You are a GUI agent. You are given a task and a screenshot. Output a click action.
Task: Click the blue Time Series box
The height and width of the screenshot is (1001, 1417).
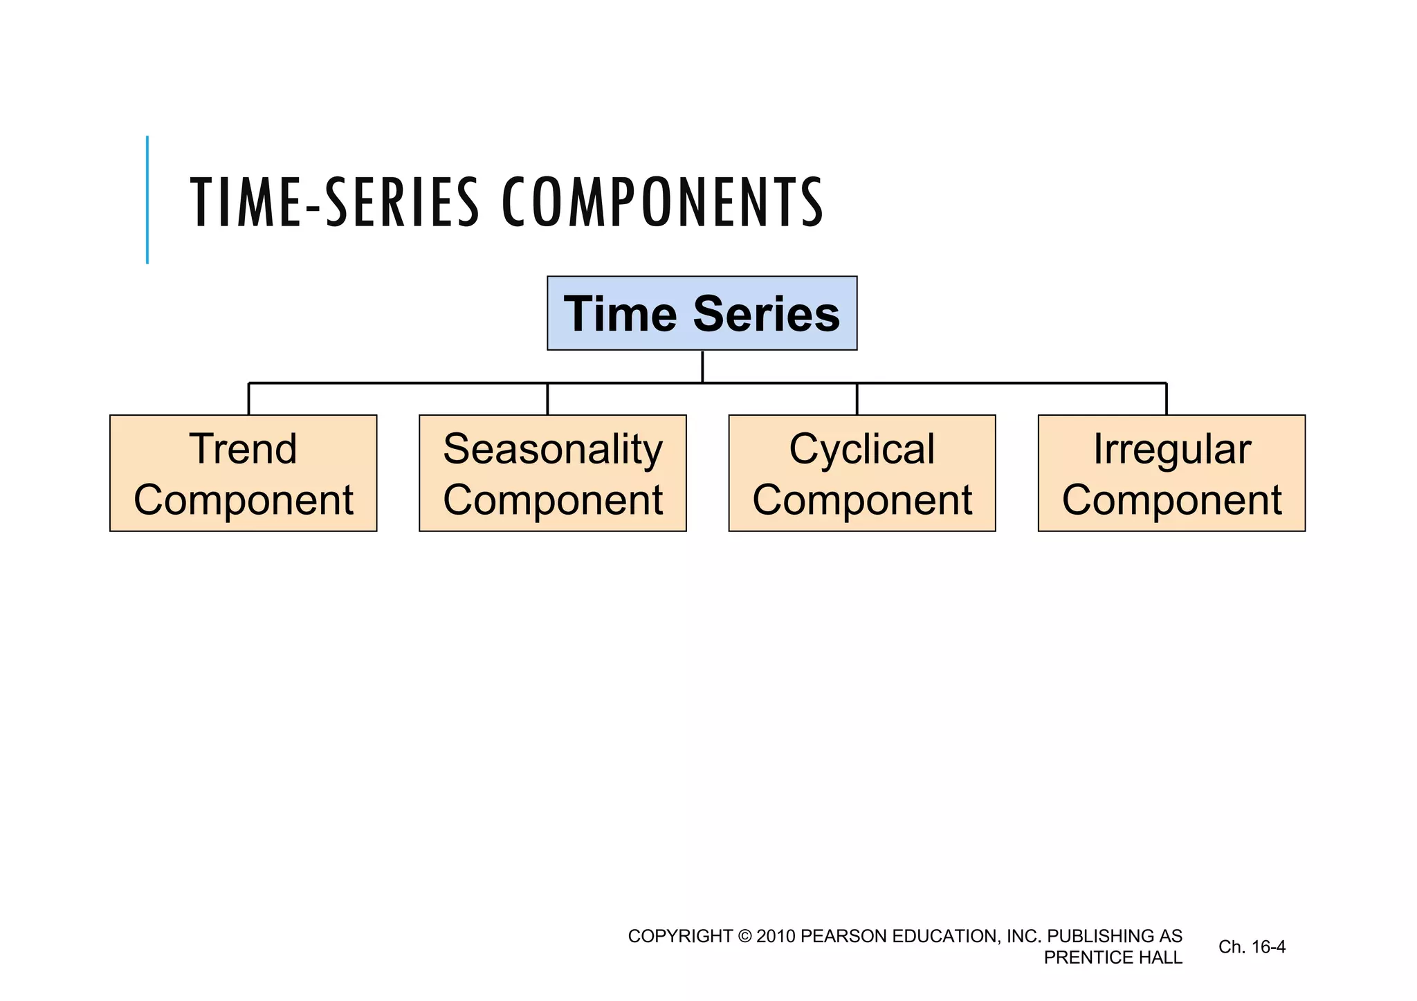point(702,313)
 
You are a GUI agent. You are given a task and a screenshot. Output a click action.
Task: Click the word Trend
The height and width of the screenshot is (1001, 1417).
point(243,449)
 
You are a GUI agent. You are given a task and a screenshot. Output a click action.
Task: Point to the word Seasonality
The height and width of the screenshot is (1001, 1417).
point(553,450)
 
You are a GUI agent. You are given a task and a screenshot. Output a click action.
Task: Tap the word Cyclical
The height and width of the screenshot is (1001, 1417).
point(862,450)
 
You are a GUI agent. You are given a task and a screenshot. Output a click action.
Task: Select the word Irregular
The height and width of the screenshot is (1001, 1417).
point(1172,450)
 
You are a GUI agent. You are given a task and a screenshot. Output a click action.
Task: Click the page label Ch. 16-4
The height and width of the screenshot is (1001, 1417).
point(1252,946)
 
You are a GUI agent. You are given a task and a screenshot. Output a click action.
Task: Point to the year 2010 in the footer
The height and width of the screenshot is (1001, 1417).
point(775,936)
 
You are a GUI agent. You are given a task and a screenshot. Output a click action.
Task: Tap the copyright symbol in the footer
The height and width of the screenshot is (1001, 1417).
point(744,936)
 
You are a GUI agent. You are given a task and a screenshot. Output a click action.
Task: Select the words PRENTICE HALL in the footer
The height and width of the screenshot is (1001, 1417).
point(1113,957)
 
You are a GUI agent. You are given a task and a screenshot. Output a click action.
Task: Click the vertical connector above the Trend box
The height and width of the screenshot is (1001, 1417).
point(249,399)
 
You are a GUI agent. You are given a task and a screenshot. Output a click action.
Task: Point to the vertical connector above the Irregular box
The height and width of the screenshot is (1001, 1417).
point(1167,399)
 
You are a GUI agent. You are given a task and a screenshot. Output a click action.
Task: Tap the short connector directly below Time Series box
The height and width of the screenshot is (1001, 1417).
point(702,367)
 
